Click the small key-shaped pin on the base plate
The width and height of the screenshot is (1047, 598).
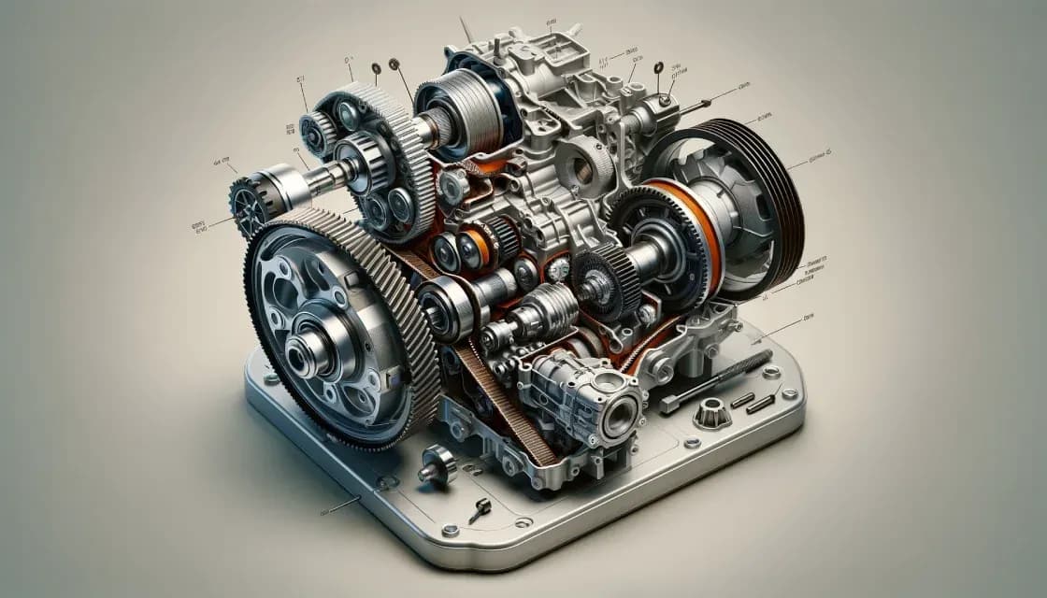pos(480,510)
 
